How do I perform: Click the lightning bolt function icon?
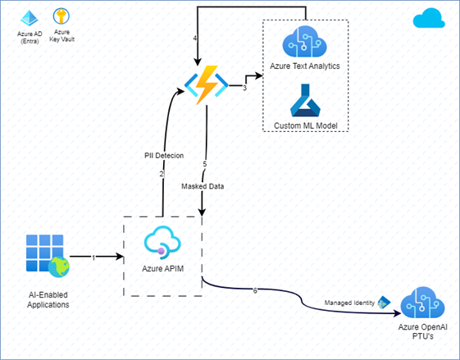(205, 86)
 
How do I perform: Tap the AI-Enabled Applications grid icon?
(41, 256)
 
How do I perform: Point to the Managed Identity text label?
(350, 303)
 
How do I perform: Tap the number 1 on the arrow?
(93, 257)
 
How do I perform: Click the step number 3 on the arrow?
(244, 87)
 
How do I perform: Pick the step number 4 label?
(195, 39)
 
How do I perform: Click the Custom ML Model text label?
(306, 125)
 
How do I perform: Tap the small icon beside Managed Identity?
(384, 303)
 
